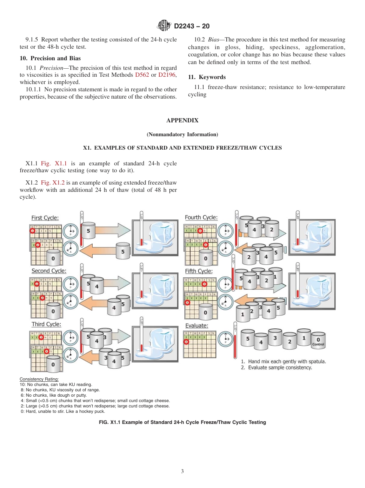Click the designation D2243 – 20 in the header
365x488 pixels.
click(192, 26)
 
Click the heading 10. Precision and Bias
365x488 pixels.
click(50, 58)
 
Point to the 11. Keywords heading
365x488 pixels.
click(207, 77)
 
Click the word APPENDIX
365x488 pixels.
click(182, 120)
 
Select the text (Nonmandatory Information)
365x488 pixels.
click(182, 134)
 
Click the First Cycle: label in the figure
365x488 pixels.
click(45, 218)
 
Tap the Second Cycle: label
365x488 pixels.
click(49, 271)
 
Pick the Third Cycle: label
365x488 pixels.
click(46, 325)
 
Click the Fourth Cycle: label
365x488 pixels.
click(201, 218)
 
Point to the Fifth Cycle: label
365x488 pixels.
click(199, 271)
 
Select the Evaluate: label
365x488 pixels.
click(196, 326)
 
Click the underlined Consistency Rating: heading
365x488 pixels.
click(39, 379)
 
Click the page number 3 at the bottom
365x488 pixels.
click(182, 471)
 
